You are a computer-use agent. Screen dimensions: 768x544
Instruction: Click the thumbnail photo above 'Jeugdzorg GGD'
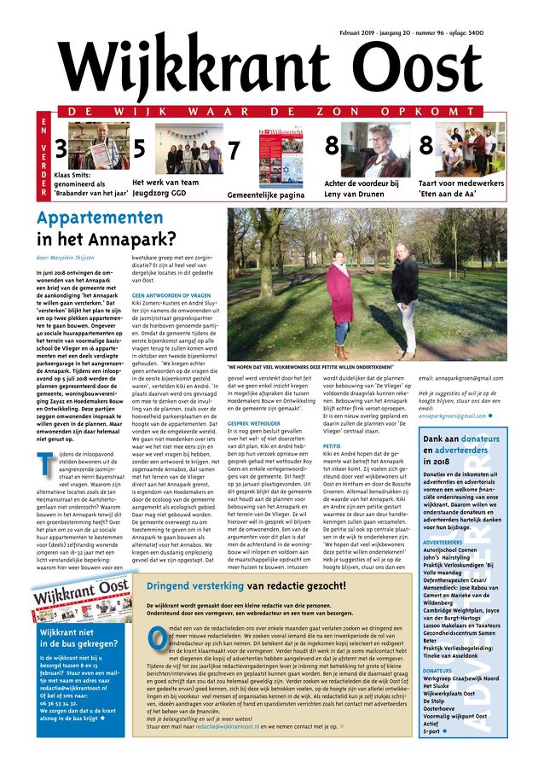pos(188,150)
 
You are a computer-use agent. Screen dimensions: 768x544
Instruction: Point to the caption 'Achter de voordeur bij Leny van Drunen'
pos(361,189)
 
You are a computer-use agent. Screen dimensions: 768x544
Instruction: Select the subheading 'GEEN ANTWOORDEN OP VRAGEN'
pos(171,294)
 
